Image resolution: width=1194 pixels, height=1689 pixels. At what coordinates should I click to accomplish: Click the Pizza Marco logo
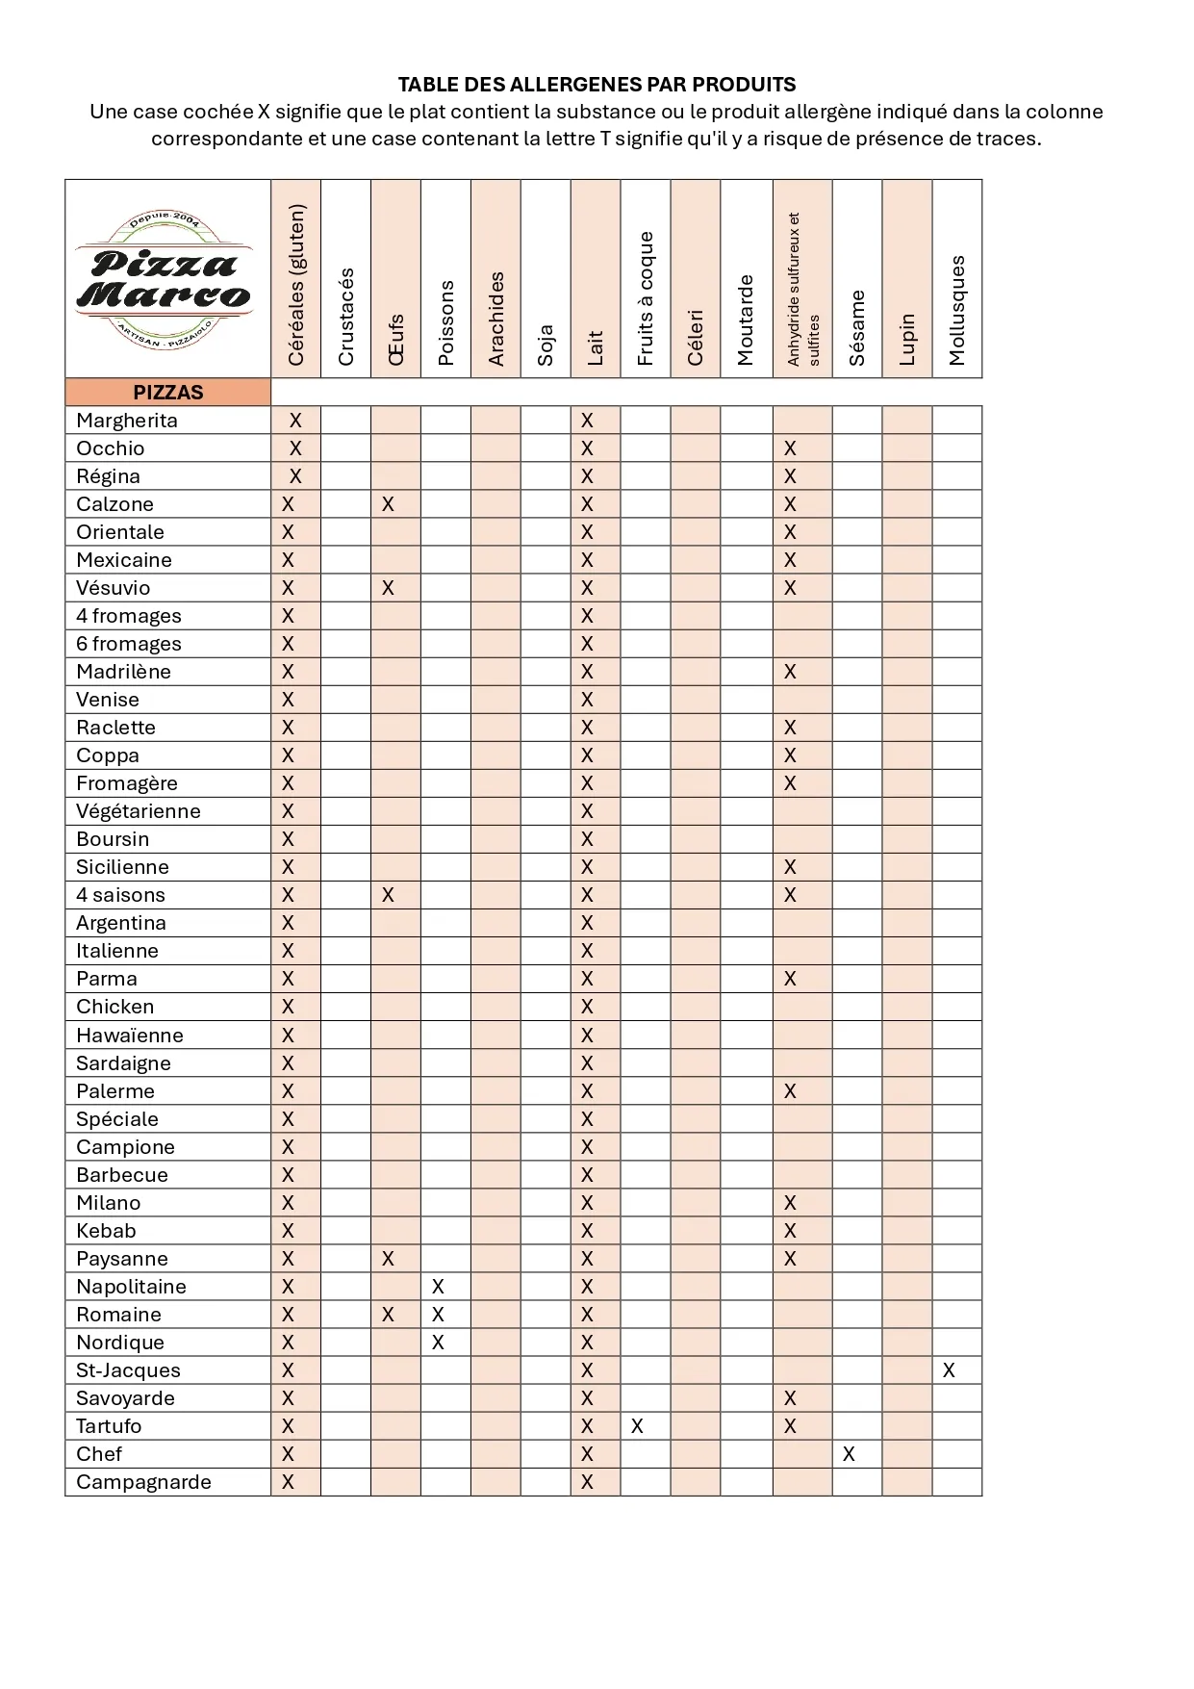[x=164, y=279]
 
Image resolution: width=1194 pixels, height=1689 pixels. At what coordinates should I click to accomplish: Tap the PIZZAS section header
[x=168, y=393]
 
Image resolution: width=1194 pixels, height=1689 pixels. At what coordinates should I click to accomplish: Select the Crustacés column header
[x=346, y=316]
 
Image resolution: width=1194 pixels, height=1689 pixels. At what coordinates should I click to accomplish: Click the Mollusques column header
[x=956, y=310]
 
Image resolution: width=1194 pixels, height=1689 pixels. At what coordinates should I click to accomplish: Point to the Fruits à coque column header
[x=646, y=298]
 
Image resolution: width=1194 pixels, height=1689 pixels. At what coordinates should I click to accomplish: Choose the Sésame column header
[x=857, y=327]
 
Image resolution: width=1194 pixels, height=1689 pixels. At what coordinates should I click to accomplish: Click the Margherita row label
[x=127, y=421]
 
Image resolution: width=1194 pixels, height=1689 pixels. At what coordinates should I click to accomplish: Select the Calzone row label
[x=114, y=504]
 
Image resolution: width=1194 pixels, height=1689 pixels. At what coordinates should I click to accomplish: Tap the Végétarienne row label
[x=139, y=811]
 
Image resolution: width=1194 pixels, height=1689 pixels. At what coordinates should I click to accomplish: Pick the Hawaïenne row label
[x=130, y=1036]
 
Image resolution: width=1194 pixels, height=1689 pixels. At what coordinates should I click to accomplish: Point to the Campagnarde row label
[x=143, y=1482]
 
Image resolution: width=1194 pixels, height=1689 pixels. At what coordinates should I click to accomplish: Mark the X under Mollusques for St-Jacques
[x=949, y=1370]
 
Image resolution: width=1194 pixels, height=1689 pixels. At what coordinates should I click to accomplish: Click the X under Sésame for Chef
[x=849, y=1454]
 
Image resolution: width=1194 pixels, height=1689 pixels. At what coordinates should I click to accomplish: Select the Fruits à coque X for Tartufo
[x=637, y=1426]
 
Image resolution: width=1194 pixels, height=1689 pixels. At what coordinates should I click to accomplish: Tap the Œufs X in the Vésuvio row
[x=388, y=588]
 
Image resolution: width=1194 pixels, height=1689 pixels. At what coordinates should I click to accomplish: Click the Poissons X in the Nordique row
[x=438, y=1343]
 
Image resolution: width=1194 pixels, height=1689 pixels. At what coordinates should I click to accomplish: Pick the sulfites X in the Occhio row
[x=790, y=448]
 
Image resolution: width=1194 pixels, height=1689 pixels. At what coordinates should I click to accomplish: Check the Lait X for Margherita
[x=587, y=421]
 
